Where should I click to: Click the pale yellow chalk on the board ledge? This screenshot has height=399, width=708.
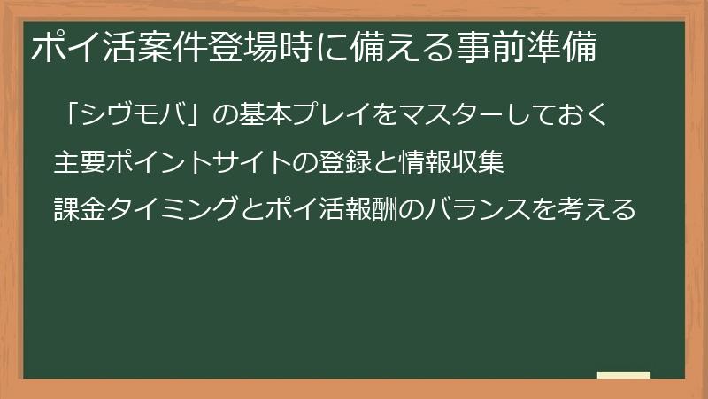coord(623,375)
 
